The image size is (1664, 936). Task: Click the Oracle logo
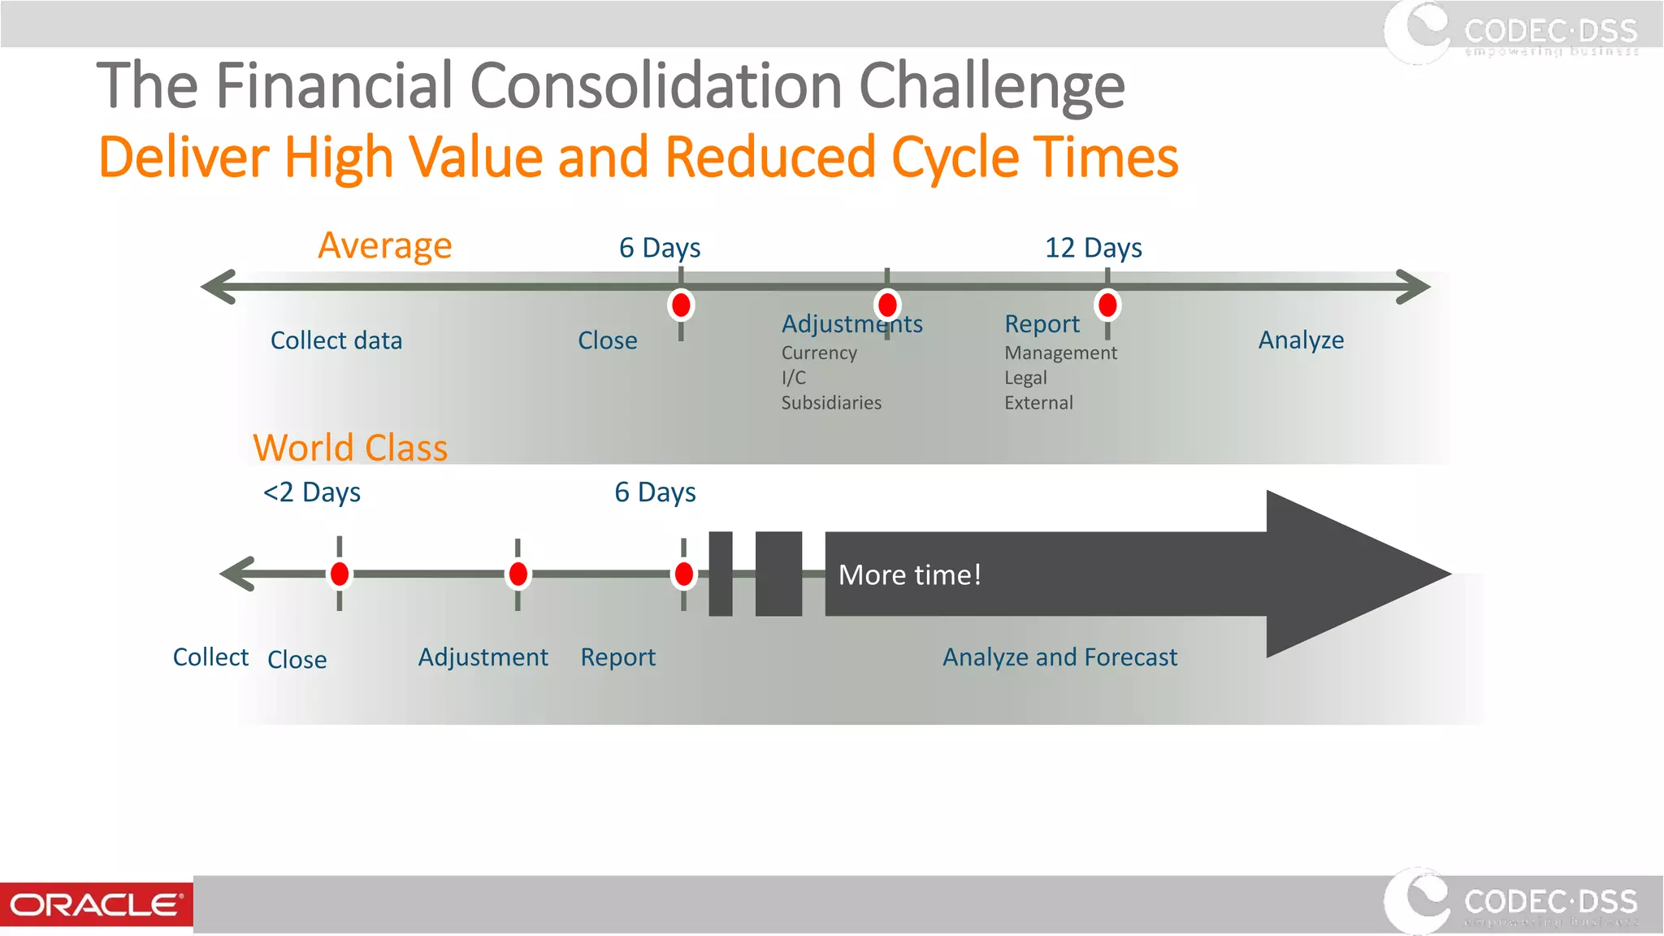coord(96,904)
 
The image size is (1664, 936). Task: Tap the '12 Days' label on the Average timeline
coord(1093,248)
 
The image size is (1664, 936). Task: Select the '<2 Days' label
coord(312,492)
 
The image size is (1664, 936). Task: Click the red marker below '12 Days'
coord(1107,305)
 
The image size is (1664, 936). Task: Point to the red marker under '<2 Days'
coord(340,574)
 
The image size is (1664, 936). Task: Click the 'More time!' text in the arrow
coord(909,575)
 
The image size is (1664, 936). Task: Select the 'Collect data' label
coord(336,340)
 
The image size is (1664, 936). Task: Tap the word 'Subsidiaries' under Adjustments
coord(831,403)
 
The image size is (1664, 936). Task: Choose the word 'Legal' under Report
coord(1025,378)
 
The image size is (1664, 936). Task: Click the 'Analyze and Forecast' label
coord(1059,657)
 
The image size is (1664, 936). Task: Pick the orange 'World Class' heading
coord(350,448)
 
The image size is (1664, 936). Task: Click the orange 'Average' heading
coord(384,245)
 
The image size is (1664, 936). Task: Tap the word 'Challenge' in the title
coord(991,85)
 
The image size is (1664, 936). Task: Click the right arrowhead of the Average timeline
coord(1414,287)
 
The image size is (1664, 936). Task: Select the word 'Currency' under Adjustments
coord(819,353)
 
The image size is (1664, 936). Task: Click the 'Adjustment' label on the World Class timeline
coord(483,657)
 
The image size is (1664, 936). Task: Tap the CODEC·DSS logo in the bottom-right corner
coord(1511,902)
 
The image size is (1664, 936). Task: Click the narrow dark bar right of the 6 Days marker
coord(720,574)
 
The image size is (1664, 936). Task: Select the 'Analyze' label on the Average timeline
coord(1301,340)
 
